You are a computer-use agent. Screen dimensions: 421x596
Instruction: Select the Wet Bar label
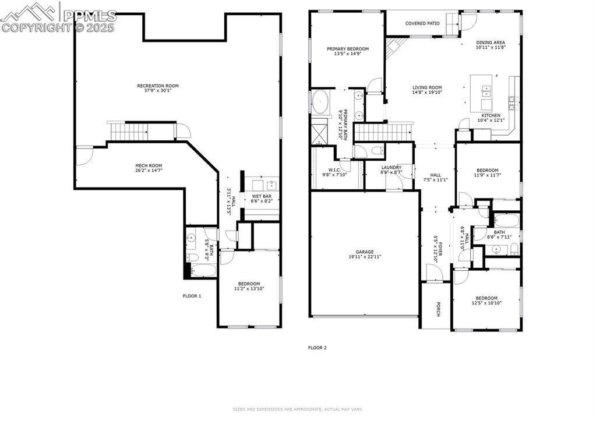tap(262, 196)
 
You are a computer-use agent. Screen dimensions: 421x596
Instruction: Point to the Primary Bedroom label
tap(347, 49)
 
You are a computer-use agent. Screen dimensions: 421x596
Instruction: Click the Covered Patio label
tap(422, 23)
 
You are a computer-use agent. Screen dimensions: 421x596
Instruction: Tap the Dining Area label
tap(490, 43)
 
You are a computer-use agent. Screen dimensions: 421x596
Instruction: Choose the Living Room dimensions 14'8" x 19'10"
tap(427, 92)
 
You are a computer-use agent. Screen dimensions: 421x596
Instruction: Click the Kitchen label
tap(491, 115)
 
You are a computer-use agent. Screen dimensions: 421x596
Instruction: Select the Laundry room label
tap(391, 167)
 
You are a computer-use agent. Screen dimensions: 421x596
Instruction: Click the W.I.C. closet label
tap(334, 170)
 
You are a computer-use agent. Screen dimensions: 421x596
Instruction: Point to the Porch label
tap(438, 309)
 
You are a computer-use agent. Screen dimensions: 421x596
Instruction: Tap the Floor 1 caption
tap(192, 296)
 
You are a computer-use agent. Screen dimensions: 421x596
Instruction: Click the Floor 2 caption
tap(318, 348)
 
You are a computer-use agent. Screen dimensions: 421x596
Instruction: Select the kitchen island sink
tap(486, 91)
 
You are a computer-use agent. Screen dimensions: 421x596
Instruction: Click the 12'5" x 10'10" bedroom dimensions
tap(486, 303)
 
